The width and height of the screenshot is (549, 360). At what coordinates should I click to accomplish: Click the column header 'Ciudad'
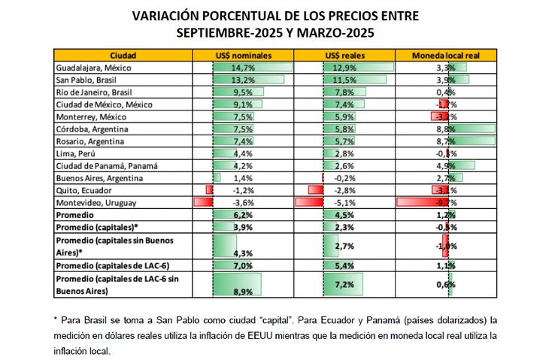pyautogui.click(x=123, y=56)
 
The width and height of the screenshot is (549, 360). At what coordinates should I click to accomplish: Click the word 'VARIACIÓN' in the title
pyautogui.click(x=165, y=15)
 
